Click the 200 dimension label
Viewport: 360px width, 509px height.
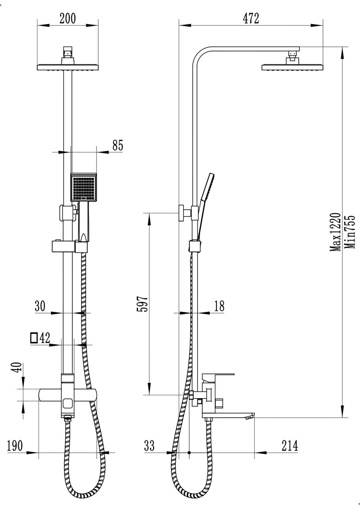tap(68, 19)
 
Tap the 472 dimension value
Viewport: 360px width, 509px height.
tap(251, 19)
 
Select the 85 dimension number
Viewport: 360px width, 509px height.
tap(118, 145)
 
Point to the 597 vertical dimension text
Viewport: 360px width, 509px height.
tap(142, 304)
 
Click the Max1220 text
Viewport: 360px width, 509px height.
tap(336, 232)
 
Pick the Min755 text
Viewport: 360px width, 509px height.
tap(350, 232)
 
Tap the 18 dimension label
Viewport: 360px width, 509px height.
tap(219, 306)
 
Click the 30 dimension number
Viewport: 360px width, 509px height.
tap(40, 306)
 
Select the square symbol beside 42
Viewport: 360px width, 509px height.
tap(34, 338)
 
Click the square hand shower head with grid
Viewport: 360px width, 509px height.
tap(84, 187)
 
